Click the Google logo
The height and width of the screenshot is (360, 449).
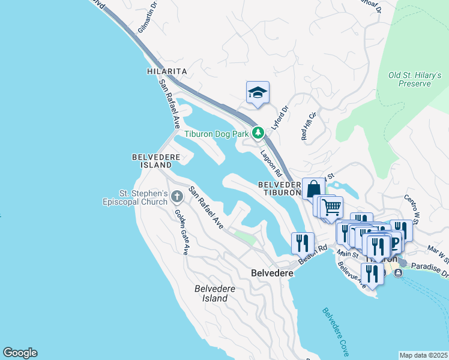point(20,353)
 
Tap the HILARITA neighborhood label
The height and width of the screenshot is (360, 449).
point(167,71)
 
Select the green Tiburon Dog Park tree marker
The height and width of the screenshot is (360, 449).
point(258,133)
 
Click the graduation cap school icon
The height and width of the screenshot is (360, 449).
point(258,92)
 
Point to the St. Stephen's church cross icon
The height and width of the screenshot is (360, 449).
point(177,196)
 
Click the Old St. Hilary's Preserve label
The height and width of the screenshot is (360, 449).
point(414,79)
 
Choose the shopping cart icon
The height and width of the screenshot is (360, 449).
point(331,208)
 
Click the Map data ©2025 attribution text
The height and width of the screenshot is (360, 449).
point(423,355)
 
